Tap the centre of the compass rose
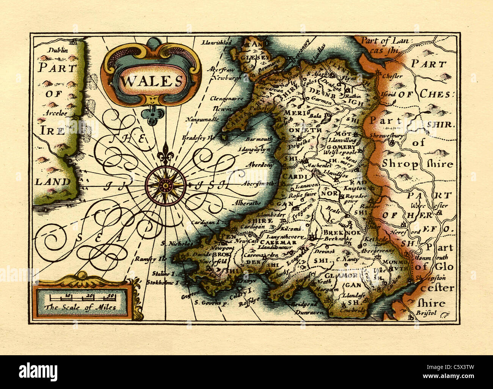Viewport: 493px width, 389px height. [x=165, y=186]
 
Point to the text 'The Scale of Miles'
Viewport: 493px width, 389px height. [x=80, y=307]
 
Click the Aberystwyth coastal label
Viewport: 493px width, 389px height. [x=260, y=183]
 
